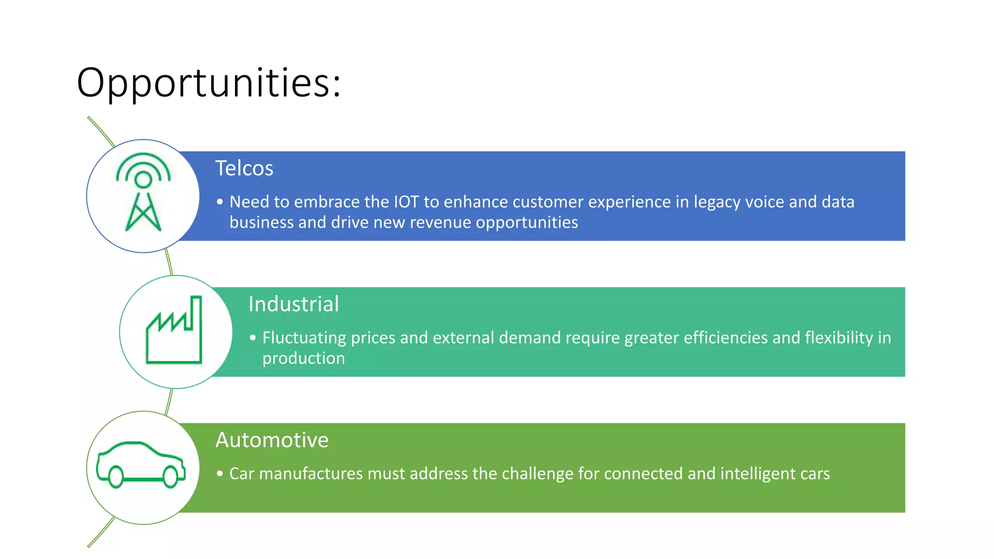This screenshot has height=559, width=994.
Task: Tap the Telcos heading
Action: click(x=244, y=168)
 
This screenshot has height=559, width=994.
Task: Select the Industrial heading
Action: click(x=293, y=304)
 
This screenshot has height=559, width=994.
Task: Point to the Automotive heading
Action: click(x=272, y=440)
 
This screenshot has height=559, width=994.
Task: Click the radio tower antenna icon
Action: click(x=143, y=192)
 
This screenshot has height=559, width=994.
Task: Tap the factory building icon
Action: click(x=174, y=330)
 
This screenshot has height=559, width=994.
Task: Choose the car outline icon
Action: click(x=141, y=464)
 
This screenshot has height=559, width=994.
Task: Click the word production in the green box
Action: click(x=303, y=359)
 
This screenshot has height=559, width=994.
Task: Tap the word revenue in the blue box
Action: click(x=441, y=223)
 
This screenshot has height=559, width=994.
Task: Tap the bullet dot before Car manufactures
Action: click(x=220, y=474)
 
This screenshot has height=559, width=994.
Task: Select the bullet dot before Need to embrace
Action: click(x=220, y=202)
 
